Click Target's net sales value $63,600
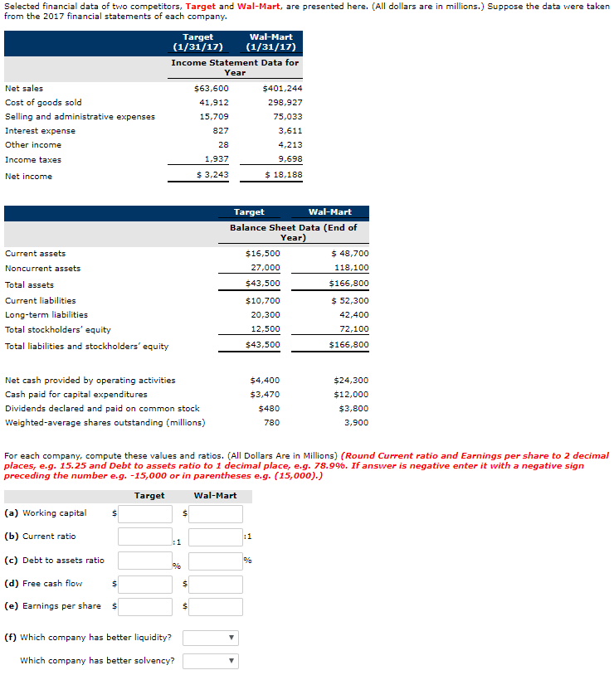211,88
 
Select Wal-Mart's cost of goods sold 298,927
285,102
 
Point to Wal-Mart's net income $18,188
284,176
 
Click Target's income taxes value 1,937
216,159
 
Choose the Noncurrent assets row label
43,268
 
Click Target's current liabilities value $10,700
263,300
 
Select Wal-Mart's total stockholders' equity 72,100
353,329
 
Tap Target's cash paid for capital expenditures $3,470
265,395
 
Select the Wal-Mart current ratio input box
215,537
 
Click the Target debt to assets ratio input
144,561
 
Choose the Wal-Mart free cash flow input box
215,585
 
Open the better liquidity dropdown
209,639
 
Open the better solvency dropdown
209,661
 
